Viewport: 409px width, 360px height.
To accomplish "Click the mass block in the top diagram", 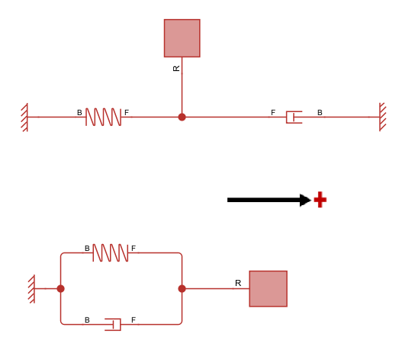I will (x=182, y=38).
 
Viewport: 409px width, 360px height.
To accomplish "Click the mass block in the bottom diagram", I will (x=268, y=288).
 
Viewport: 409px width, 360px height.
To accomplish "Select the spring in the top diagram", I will (x=103, y=117).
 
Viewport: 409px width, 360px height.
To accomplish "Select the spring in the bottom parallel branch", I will (x=110, y=252).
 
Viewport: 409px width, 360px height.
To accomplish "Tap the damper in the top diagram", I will (x=294, y=117).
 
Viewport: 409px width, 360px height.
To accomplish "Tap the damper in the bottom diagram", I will (x=113, y=324).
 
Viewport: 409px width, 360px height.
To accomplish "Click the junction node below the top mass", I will (x=182, y=117).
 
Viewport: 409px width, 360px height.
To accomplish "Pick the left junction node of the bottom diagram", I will (x=60, y=288).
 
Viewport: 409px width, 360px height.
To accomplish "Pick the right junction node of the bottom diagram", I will (x=182, y=288).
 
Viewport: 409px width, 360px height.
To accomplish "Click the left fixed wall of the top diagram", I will (x=25, y=117).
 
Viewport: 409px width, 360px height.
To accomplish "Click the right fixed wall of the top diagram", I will (x=382, y=117).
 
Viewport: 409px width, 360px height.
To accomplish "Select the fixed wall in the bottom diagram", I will (x=31, y=288).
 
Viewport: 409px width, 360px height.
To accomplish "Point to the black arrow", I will (x=267, y=200).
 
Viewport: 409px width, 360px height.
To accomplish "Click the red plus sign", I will (x=320, y=200).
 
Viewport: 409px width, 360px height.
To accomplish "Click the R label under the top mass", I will (x=176, y=69).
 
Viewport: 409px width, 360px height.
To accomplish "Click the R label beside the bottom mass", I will (x=238, y=283).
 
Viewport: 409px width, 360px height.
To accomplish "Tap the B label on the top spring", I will (x=79, y=113).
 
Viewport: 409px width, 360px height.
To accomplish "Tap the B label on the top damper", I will (x=320, y=113).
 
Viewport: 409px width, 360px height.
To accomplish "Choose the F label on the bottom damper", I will (x=133, y=320).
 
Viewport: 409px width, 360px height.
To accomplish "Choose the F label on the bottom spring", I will (x=133, y=249).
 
